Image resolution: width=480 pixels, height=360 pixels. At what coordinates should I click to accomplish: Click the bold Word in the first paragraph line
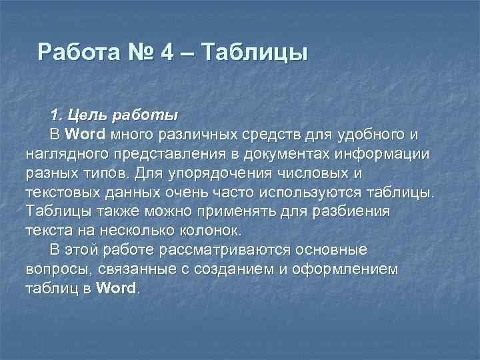tap(86, 134)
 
